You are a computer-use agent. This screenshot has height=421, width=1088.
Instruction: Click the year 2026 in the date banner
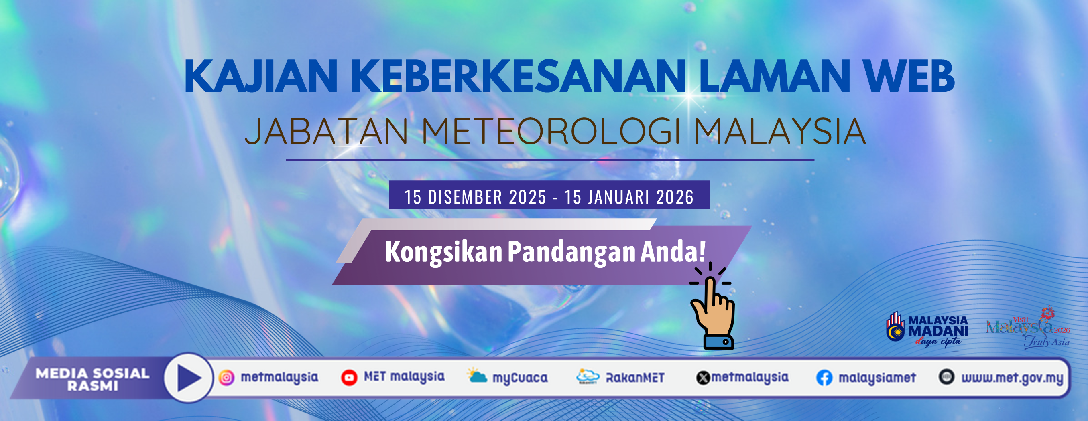coord(675,197)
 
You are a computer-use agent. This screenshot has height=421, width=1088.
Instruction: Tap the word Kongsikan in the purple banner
coord(443,252)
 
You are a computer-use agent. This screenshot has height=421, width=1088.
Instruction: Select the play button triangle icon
coord(189,378)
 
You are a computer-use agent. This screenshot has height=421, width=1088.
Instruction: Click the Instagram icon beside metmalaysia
coord(226,377)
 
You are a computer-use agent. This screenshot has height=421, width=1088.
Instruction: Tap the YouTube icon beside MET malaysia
coord(349,377)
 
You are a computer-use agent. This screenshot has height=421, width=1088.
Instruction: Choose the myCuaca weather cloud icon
coord(477,375)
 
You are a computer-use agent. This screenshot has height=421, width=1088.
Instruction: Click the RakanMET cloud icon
coord(588,376)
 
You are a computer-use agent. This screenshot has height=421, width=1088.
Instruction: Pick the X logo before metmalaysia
coord(703,378)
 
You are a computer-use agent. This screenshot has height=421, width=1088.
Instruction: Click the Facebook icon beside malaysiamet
coord(824,378)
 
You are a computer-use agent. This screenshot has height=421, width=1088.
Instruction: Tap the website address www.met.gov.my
coord(1012,378)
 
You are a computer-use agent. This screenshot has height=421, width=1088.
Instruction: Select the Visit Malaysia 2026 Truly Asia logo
coord(1028,329)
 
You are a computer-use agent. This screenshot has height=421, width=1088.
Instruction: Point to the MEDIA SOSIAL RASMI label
coord(92,379)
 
